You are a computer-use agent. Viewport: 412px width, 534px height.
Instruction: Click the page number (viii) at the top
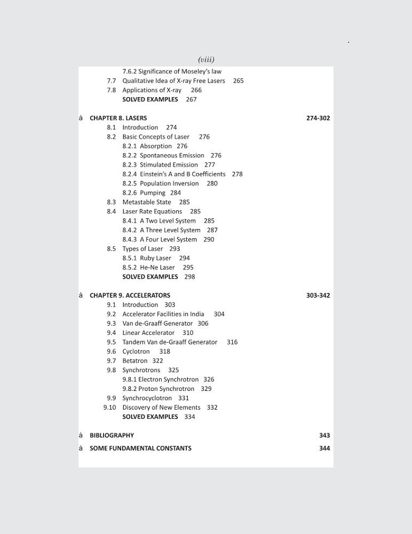[206, 59]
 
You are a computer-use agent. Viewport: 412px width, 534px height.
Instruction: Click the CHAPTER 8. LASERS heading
[118, 118]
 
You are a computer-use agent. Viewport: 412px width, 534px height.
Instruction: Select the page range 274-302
[318, 118]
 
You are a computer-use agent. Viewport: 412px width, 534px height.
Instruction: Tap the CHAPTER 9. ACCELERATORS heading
[130, 295]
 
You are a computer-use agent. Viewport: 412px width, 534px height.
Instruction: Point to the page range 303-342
[318, 295]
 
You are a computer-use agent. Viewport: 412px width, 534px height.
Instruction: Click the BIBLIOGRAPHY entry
[112, 435]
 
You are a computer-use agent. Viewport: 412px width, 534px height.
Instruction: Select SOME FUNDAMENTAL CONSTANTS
[140, 448]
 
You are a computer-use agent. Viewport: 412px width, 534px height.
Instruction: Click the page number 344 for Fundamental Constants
[324, 448]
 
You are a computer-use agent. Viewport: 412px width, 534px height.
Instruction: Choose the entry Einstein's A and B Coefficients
[183, 174]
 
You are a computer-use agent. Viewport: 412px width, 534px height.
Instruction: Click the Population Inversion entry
[169, 184]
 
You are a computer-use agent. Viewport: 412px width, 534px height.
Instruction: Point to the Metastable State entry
[147, 202]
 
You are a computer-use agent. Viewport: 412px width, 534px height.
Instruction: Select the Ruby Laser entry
[155, 258]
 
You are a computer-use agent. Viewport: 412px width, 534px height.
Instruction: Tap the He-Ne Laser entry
[157, 268]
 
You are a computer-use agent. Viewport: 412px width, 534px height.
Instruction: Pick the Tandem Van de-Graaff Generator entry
[170, 342]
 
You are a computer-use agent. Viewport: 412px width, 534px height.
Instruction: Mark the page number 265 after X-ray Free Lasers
[238, 81]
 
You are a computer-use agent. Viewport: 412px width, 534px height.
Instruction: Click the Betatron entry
[134, 361]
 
